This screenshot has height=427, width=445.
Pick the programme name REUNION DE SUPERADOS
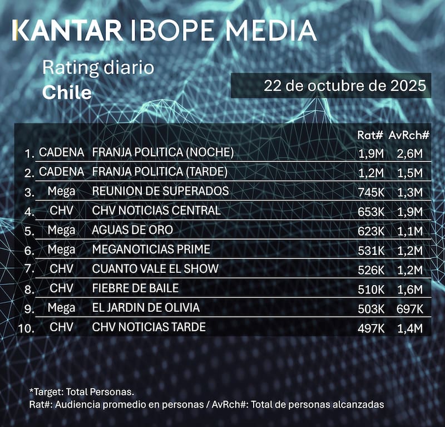click(x=160, y=191)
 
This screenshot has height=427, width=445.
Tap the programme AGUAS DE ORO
click(x=132, y=230)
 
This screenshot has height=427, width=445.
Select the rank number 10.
click(x=26, y=328)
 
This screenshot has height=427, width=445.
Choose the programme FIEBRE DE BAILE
click(x=136, y=288)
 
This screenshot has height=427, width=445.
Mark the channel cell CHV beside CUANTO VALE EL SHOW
click(x=61, y=269)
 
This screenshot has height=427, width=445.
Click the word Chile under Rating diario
click(x=67, y=92)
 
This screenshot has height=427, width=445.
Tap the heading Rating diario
click(x=98, y=69)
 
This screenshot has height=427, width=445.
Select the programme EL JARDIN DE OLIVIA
click(x=146, y=308)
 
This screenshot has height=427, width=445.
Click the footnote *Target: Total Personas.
click(x=82, y=392)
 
